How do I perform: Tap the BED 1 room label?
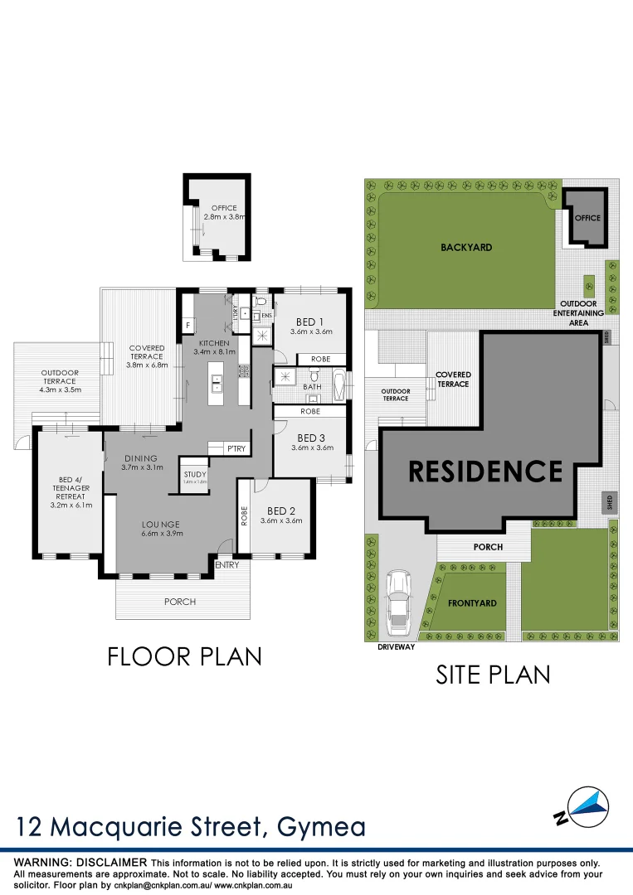(x=310, y=322)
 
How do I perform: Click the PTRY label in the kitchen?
(x=236, y=448)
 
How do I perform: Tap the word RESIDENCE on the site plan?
(x=485, y=471)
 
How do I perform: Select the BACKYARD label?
(x=465, y=247)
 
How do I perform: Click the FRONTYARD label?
(x=472, y=603)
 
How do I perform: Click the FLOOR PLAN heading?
(x=185, y=656)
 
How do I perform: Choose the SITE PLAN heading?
(x=493, y=675)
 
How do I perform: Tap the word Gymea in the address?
(x=318, y=827)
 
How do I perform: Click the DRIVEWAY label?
(x=396, y=647)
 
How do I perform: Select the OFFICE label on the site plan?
(x=587, y=218)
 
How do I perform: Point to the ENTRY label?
(x=226, y=564)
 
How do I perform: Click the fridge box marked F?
(x=188, y=325)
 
